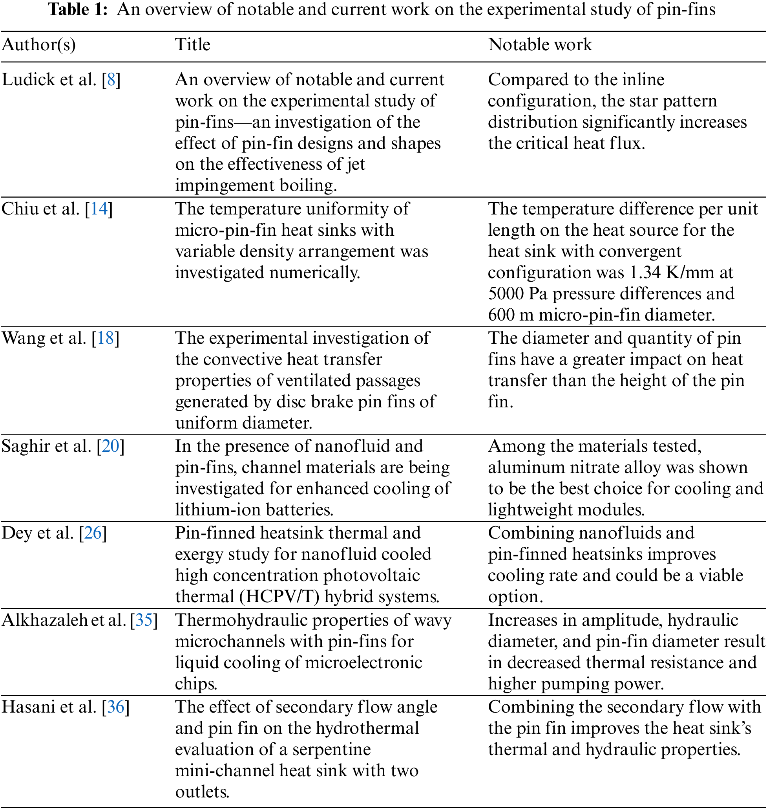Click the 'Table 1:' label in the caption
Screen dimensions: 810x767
78,9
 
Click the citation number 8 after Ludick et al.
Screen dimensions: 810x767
111,80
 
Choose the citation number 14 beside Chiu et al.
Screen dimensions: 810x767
99,209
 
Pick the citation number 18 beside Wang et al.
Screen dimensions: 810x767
106,338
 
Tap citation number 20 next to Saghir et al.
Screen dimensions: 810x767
110,446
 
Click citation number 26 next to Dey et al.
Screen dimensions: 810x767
93,533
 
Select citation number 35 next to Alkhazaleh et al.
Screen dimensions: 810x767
144,620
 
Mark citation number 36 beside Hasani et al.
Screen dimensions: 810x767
116,707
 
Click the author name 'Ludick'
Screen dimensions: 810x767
29,80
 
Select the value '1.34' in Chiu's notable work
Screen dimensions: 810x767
643,273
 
